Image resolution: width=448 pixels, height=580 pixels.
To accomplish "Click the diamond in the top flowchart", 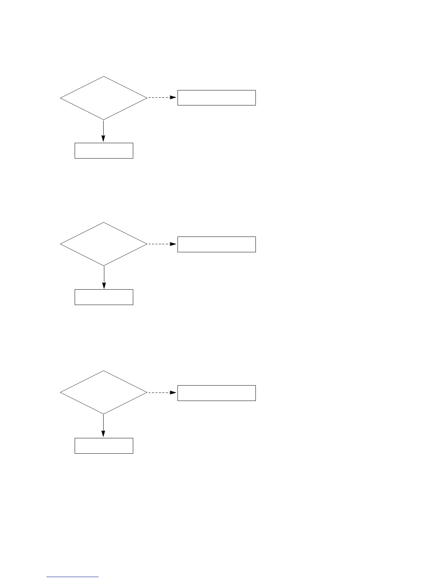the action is [104, 98].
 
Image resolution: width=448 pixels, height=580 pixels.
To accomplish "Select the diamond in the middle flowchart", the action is [104, 244].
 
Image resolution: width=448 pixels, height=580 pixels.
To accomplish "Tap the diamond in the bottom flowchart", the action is [104, 392].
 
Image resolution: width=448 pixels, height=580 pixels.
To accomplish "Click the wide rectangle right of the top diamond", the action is [216, 98].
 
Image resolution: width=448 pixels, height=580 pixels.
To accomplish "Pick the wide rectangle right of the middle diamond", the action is [216, 244].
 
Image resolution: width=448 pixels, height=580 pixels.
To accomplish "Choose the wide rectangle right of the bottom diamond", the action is [216, 393].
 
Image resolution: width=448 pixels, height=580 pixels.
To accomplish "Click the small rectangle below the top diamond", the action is [104, 150].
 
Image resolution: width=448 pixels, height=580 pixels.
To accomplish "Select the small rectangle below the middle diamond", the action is [104, 297].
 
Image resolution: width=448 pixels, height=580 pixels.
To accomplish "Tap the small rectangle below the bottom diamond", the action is [104, 446].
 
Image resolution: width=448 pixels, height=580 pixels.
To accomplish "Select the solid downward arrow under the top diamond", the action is [103, 131].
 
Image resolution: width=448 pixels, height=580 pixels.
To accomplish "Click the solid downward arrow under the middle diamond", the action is [104, 277].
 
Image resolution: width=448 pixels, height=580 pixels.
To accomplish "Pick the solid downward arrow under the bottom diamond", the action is [103, 425].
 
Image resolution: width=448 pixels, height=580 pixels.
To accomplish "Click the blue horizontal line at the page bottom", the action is [72, 577].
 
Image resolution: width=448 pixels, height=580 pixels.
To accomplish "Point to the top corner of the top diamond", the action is [104, 77].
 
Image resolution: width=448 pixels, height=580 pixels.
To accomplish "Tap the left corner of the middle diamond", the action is [60, 244].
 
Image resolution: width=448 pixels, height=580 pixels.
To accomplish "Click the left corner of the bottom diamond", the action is [60, 392].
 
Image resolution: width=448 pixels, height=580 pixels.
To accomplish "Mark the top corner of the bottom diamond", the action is [104, 371].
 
